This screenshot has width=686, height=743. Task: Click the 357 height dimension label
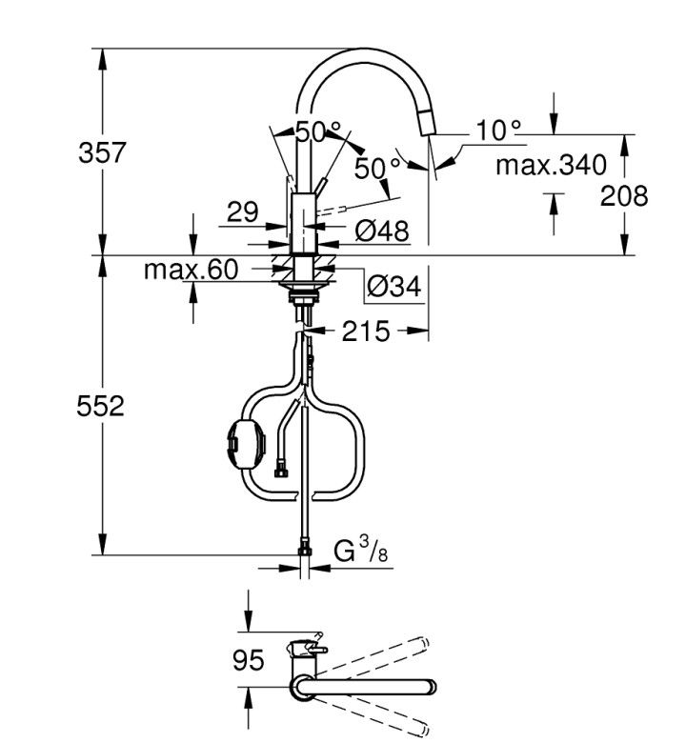[x=102, y=152]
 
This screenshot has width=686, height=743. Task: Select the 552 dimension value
[x=100, y=406]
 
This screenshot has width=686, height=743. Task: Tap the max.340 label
[x=551, y=165]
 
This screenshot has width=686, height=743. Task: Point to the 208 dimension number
[x=624, y=195]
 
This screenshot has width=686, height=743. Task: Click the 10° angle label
[x=498, y=130]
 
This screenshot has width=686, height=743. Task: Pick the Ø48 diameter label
[x=382, y=231]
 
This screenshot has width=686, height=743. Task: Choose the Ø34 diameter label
[x=393, y=286]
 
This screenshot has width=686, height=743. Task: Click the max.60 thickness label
[x=192, y=270]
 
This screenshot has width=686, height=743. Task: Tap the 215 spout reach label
[x=366, y=331]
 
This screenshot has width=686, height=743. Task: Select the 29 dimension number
[x=243, y=211]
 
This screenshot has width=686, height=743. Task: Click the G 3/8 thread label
[x=360, y=550]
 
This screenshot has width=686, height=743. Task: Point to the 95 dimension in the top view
[x=249, y=660]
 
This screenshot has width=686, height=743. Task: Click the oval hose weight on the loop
[x=247, y=444]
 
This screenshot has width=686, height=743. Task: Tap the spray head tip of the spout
[x=429, y=122]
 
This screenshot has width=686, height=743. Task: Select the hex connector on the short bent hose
[x=281, y=472]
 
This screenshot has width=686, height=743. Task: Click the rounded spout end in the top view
[x=432, y=687]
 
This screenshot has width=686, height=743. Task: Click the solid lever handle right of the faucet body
[x=320, y=186]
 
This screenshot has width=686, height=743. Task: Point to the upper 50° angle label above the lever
[x=318, y=131]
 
